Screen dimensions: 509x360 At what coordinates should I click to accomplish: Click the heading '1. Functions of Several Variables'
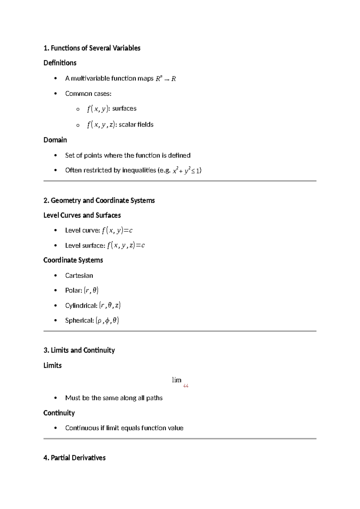[x=92, y=48]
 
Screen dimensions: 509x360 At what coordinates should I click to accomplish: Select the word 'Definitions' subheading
[x=60, y=63]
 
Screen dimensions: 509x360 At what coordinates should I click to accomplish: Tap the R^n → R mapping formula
[x=166, y=79]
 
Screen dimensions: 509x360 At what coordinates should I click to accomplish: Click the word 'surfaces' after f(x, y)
[x=124, y=108]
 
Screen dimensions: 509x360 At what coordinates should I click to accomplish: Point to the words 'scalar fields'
[x=136, y=125]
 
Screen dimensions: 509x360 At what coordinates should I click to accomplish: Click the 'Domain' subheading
[x=55, y=140]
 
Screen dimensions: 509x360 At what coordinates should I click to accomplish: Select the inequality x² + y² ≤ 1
[x=186, y=170]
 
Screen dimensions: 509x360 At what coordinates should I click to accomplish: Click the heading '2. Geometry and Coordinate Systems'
[x=99, y=200]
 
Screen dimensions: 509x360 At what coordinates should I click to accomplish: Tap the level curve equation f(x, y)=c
[x=117, y=230]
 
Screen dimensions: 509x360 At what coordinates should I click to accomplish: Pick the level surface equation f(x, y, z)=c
[x=126, y=245]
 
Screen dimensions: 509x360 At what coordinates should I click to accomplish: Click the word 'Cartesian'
[x=79, y=276]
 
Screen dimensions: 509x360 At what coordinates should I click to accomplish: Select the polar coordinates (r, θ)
[x=91, y=290]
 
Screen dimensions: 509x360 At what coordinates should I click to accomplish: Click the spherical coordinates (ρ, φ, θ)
[x=107, y=321]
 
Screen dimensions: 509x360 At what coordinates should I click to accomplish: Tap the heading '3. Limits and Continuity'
[x=79, y=350]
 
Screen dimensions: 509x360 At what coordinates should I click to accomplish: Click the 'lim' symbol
[x=176, y=380]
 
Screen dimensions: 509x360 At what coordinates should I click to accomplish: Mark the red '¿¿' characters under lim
[x=186, y=386]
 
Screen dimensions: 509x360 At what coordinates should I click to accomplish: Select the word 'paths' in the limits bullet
[x=154, y=398]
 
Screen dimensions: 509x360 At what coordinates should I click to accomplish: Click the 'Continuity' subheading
[x=59, y=413]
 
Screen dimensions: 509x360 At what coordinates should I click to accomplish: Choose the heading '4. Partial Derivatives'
[x=74, y=458]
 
